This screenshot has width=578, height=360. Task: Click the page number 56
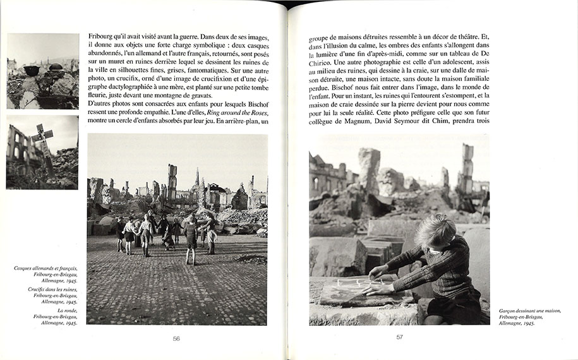point(176,338)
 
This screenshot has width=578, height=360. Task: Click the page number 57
point(399,337)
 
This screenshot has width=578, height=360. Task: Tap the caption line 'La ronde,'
point(65,310)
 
